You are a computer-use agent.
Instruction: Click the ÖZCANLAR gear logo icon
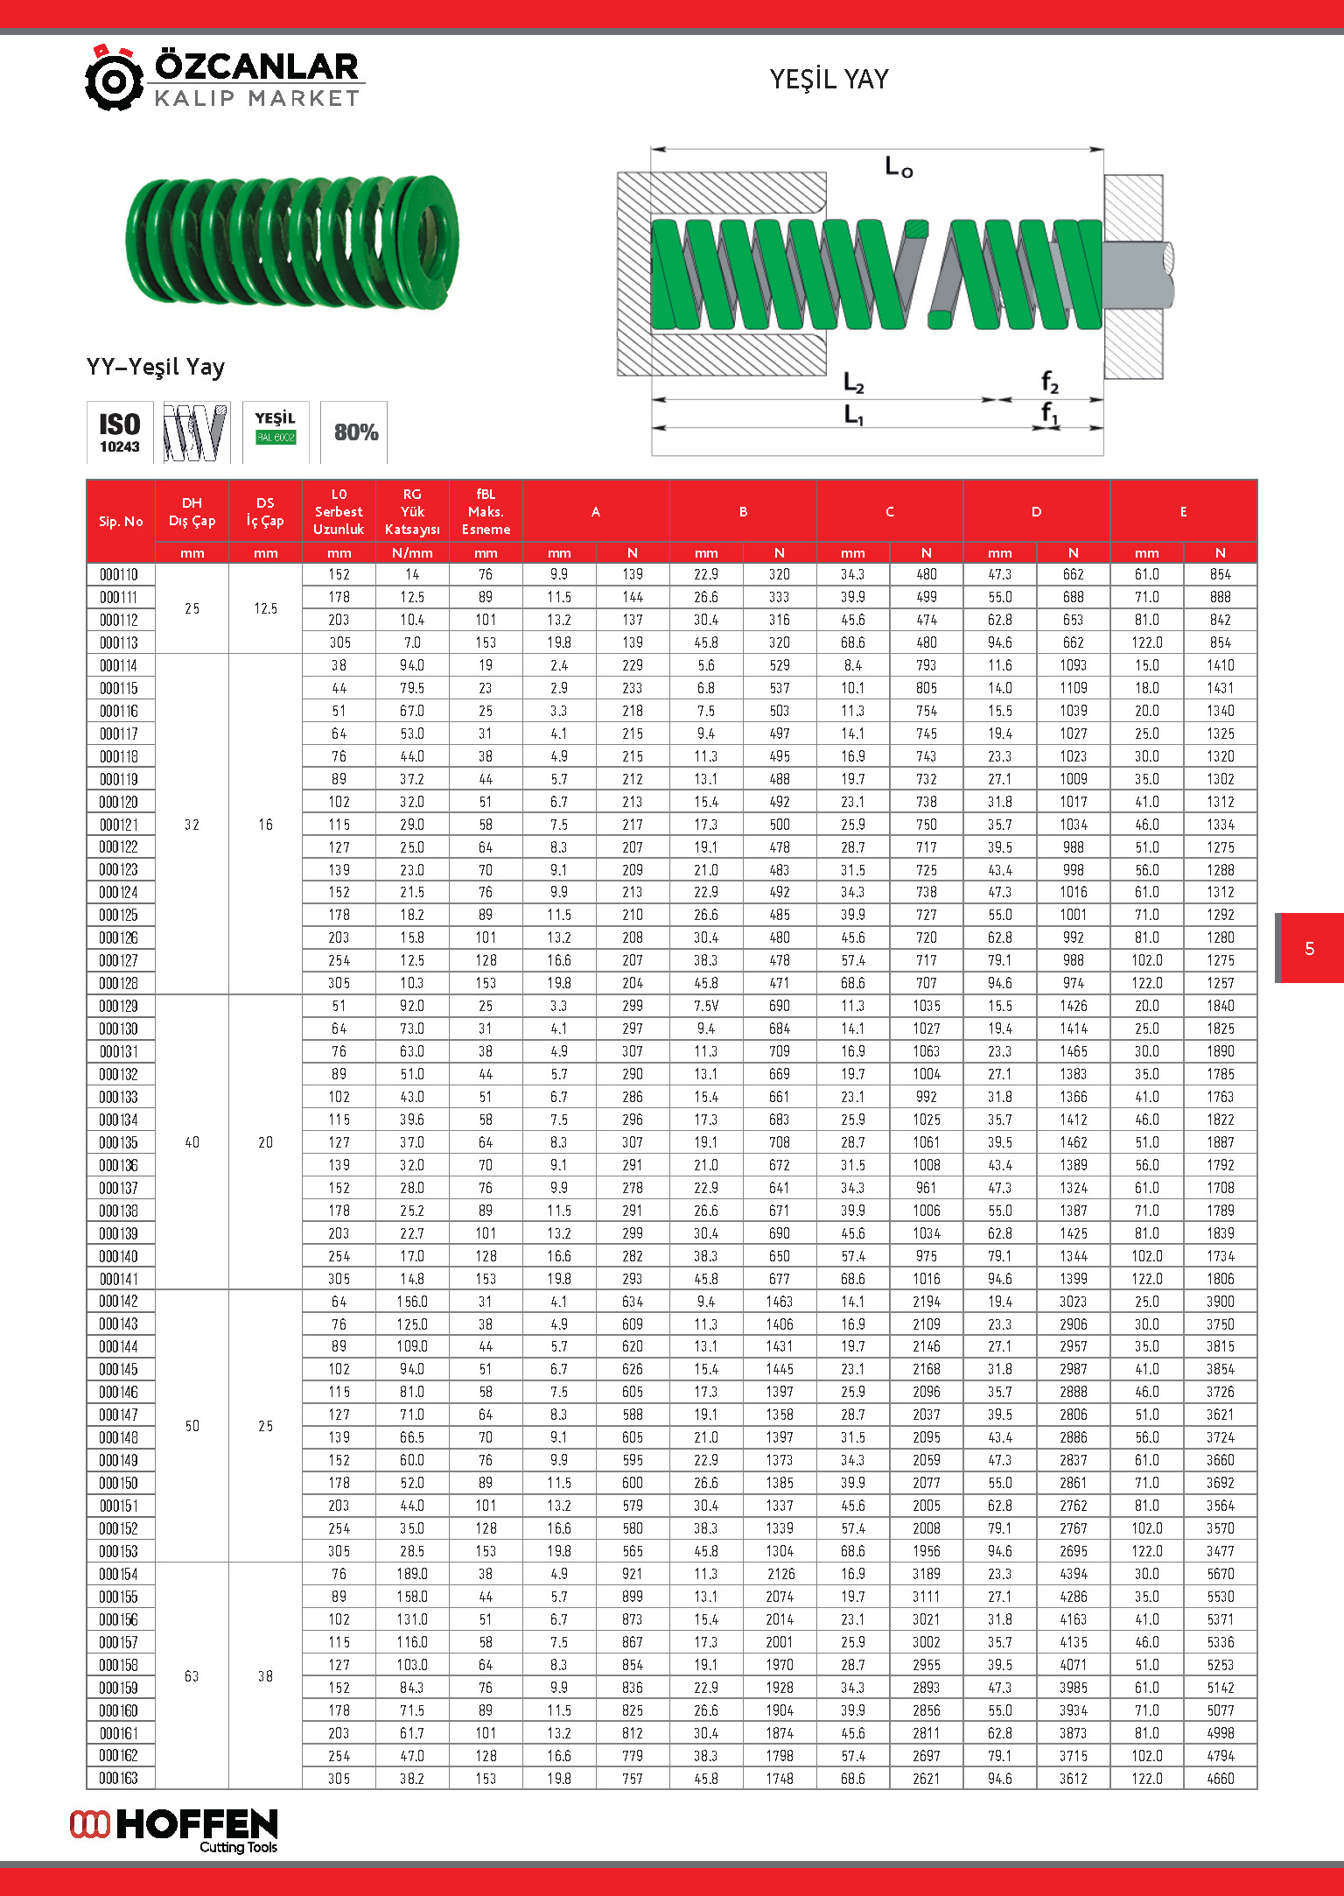pos(114,79)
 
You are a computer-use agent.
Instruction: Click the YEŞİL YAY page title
pos(829,80)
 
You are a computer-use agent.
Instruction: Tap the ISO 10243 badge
pos(120,432)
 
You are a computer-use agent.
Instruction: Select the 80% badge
pos(355,432)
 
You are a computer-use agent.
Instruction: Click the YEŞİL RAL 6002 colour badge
pos(275,428)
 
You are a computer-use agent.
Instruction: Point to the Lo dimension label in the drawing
pos(898,166)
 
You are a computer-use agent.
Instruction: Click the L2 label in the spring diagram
pos(853,383)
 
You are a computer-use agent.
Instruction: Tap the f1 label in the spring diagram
pos(1049,412)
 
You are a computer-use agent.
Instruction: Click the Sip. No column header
pos(121,521)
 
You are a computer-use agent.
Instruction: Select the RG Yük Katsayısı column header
pos(412,512)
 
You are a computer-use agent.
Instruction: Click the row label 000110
pos(119,574)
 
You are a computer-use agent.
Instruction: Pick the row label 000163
pos(119,1778)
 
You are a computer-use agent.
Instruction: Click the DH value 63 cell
pos(192,1675)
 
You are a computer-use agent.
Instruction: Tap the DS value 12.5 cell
pos(265,608)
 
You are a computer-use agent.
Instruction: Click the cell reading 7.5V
pos(706,1006)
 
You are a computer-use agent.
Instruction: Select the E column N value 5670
pos(1220,1573)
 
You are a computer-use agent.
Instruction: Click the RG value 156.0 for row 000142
pos(412,1302)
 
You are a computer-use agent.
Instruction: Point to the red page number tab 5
pos(1309,948)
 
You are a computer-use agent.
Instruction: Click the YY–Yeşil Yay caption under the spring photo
pos(156,367)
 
